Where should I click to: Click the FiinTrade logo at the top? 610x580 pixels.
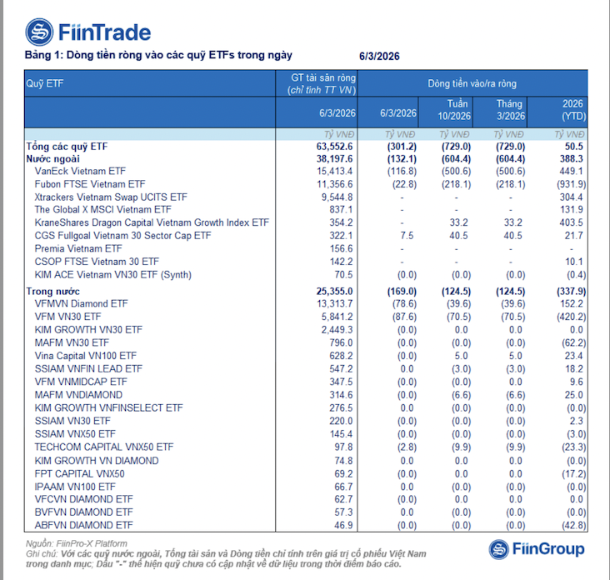(88, 32)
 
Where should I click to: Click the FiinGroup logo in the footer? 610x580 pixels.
(537, 548)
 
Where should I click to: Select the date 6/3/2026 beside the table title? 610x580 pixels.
(380, 56)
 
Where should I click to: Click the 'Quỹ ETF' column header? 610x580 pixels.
(45, 83)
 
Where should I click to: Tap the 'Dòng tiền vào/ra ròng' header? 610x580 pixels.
(472, 83)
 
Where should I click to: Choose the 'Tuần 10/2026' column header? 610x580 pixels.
(455, 110)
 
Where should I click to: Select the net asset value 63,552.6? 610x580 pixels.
(332, 146)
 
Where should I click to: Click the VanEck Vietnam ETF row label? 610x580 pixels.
(80, 171)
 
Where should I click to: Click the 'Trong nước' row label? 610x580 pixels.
(52, 292)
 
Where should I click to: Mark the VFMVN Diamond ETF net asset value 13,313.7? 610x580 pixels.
(332, 304)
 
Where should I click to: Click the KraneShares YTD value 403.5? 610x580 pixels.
(573, 222)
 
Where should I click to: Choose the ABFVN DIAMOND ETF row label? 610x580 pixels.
(83, 526)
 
